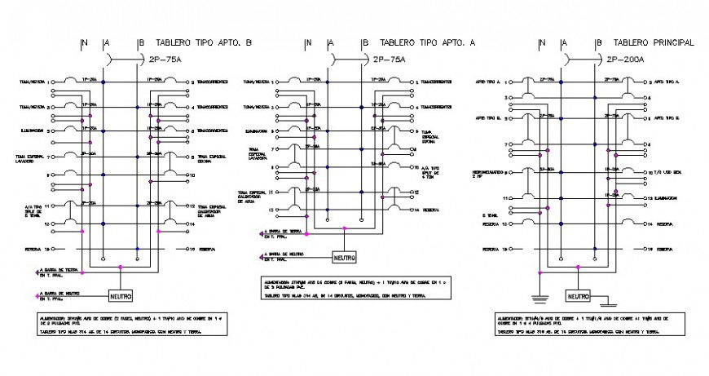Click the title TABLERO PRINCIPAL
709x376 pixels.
point(653,42)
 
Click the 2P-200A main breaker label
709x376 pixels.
point(625,60)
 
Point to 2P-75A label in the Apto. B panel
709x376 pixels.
point(168,60)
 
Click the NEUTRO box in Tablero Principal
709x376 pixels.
point(579,296)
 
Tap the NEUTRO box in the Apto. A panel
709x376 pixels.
point(344,257)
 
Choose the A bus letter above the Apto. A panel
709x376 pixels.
point(330,42)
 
